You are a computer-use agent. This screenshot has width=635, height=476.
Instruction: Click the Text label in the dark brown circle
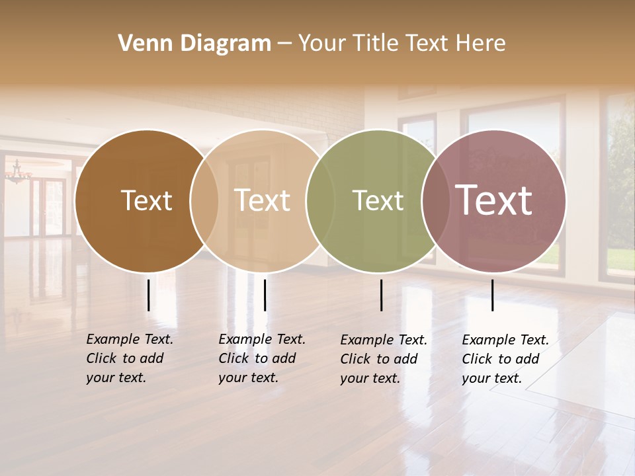(x=146, y=200)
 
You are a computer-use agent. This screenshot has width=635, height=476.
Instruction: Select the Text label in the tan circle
(x=262, y=200)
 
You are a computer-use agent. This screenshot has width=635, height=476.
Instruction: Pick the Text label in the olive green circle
(x=378, y=200)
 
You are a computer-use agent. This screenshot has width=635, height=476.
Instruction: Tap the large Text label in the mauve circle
(x=494, y=200)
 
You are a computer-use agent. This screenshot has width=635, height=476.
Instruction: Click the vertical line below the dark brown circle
(x=148, y=295)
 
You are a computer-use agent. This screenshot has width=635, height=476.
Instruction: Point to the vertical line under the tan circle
(x=265, y=295)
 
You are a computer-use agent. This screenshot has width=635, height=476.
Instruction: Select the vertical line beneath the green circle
(x=381, y=295)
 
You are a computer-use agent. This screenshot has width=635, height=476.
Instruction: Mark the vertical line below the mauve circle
(x=492, y=295)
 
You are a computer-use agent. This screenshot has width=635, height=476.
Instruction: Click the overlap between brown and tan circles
(x=204, y=201)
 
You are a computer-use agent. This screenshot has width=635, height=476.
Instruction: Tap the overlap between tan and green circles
(x=319, y=201)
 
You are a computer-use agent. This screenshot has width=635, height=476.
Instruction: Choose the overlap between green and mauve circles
(x=435, y=201)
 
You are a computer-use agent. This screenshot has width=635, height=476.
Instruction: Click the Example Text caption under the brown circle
(x=130, y=358)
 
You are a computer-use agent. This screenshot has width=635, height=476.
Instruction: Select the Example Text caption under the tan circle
(x=262, y=358)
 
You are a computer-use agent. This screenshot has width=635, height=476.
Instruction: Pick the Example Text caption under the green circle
(x=384, y=359)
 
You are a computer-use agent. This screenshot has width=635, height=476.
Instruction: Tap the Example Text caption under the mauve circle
(x=505, y=359)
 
